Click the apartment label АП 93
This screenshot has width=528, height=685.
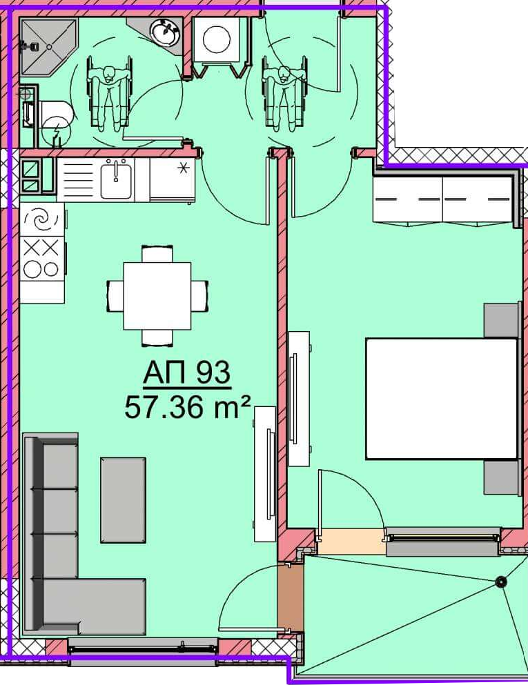coord(186,373)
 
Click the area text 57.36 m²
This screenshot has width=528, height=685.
coord(188,407)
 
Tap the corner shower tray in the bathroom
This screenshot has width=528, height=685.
coord(48,46)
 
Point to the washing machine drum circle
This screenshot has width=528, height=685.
coord(216,39)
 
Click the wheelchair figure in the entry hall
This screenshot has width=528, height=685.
coord(284,93)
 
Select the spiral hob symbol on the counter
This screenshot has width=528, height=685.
coord(42,220)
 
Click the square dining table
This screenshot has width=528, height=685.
coord(157,296)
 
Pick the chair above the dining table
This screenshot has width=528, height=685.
coord(157,254)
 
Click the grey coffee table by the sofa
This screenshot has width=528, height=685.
coord(123,500)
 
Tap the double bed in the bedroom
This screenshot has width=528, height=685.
coord(442,399)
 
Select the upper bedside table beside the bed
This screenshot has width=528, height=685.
coord(502,320)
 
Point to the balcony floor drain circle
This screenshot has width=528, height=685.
coord(500,582)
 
